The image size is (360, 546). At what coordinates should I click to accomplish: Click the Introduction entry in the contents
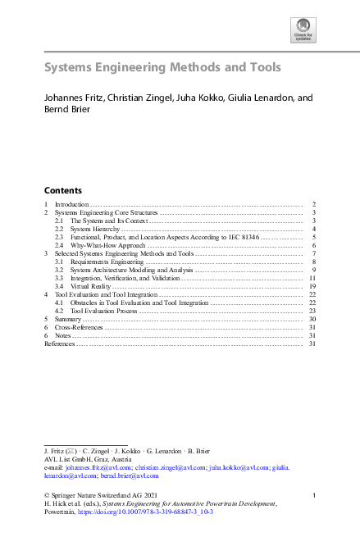pos(71,203)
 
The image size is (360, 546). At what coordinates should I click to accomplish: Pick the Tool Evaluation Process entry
pos(104,311)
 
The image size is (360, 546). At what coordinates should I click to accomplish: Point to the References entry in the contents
pos(59,344)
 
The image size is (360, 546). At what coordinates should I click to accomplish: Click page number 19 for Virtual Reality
pos(312,286)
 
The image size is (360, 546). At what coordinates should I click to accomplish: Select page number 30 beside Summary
pos(312,319)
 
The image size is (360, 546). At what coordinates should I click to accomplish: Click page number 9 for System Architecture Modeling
pos(314,270)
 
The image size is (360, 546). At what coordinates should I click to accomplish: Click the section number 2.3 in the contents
pos(59,237)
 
